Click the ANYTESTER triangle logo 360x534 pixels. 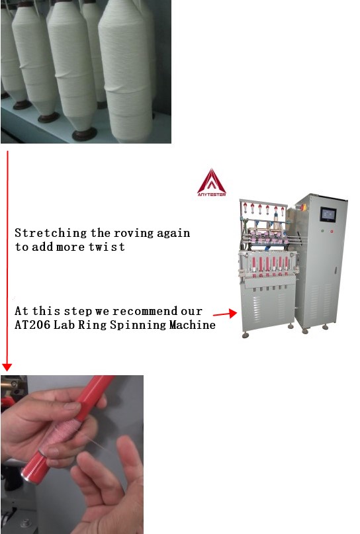pos(212,182)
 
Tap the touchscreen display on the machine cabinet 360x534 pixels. pos(328,214)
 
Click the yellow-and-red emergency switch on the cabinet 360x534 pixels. pos(302,206)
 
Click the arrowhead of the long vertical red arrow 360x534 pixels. pos(7,367)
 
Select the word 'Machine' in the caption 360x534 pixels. pos(193,325)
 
